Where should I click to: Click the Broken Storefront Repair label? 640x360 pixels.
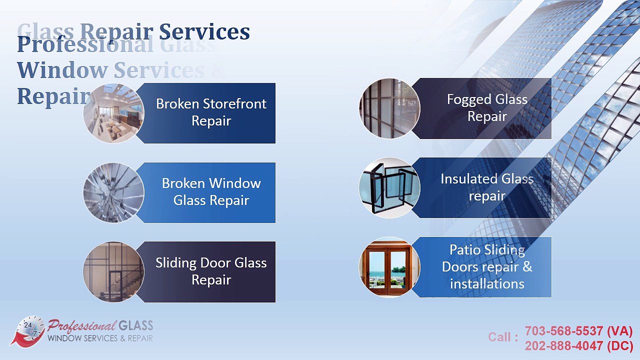pos(211,112)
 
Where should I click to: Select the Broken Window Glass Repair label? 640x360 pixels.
pos(211,192)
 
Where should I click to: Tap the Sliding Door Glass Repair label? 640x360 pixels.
pos(211,271)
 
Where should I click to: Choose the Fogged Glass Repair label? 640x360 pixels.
pos(487,108)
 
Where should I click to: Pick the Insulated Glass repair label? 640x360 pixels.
pos(487,187)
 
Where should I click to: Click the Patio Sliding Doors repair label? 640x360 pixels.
pos(487,267)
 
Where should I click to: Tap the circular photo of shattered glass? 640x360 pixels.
pos(113,192)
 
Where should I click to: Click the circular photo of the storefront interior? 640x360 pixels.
pos(113,113)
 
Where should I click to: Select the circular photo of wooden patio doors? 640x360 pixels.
pos(389,267)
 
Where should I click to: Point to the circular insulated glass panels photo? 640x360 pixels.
pos(389,188)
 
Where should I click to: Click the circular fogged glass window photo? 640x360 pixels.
pos(389,108)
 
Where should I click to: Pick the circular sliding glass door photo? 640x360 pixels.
pos(113,272)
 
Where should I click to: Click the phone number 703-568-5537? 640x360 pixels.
pos(563,331)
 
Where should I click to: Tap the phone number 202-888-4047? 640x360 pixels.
pos(563,346)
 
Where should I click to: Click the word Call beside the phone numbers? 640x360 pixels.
pos(500,337)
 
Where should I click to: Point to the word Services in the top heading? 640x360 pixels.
pos(204,32)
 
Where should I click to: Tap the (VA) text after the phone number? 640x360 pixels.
pos(620,331)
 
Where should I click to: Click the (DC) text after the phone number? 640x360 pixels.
pos(620,346)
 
